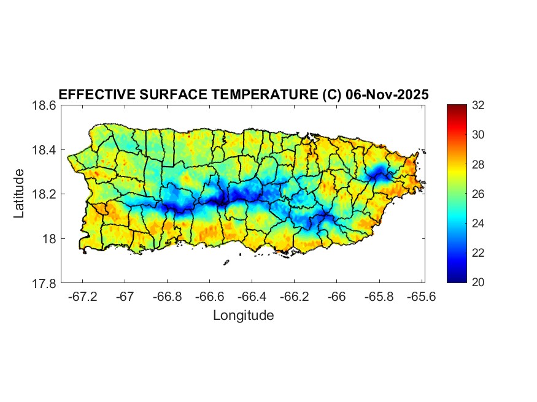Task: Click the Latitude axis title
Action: tap(20, 194)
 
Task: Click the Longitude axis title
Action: tap(243, 316)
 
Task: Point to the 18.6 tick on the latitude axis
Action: tap(45, 106)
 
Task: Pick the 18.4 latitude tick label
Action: tap(45, 150)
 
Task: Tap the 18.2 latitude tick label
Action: tap(45, 194)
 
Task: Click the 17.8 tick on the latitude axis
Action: tap(45, 283)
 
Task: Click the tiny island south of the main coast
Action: tap(226, 263)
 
